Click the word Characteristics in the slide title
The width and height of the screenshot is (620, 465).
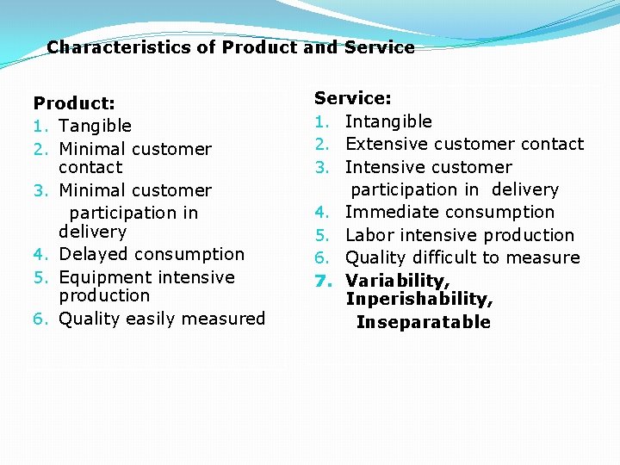pyautogui.click(x=119, y=47)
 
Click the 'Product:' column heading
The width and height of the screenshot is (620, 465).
pyautogui.click(x=74, y=103)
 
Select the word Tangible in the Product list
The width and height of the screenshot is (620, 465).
pyautogui.click(x=95, y=127)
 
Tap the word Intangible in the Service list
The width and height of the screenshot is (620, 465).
pyautogui.click(x=388, y=121)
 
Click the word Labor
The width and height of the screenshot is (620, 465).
pyautogui.click(x=369, y=235)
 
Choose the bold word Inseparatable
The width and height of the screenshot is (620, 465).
pyautogui.click(x=423, y=322)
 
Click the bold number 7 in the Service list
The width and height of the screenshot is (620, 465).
pyautogui.click(x=321, y=281)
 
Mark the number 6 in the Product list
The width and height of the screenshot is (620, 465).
pyautogui.click(x=39, y=319)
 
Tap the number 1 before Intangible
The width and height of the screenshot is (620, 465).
pyautogui.click(x=321, y=122)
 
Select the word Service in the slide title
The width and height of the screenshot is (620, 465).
pyautogui.click(x=379, y=47)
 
